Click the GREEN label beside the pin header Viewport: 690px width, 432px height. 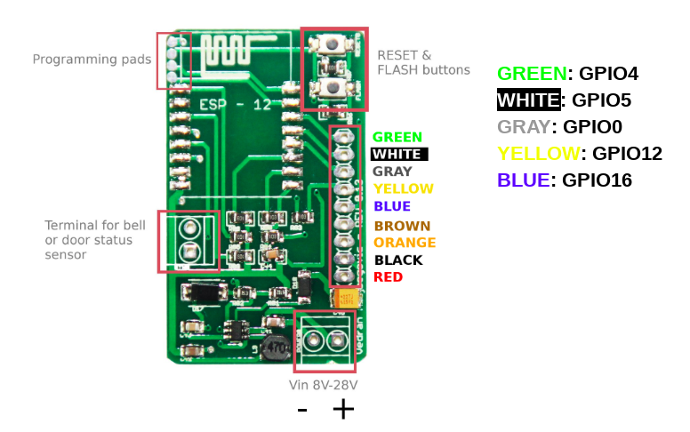tap(397, 137)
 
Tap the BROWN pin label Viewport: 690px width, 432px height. tap(402, 226)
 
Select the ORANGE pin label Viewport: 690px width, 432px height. tap(405, 243)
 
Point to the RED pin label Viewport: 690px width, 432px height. tap(388, 277)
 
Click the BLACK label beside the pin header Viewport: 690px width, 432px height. tap(398, 260)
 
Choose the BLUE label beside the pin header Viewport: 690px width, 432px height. tap(392, 206)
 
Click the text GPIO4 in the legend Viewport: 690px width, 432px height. tap(608, 74)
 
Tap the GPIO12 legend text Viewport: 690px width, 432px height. tap(627, 154)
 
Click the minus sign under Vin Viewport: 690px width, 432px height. tap(302, 410)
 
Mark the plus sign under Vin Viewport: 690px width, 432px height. tap(343, 409)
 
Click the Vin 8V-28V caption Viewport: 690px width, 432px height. tap(324, 385)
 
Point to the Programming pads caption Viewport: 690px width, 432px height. tap(92, 60)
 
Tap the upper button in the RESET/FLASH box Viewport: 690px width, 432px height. tap(334, 45)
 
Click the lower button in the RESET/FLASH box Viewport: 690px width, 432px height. tap(334, 86)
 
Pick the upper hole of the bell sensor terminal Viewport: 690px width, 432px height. tap(189, 228)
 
